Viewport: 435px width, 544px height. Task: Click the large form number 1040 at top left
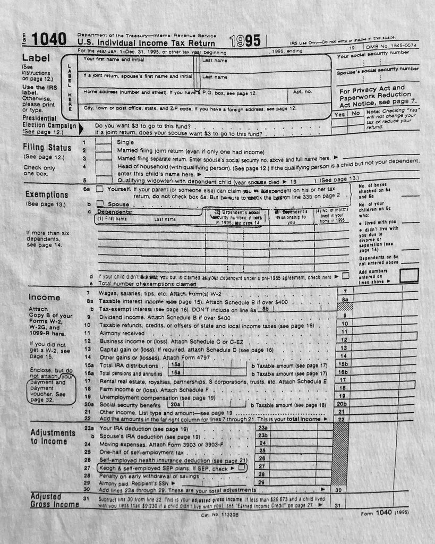(x=49, y=39)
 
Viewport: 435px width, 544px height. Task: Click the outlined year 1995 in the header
(x=245, y=40)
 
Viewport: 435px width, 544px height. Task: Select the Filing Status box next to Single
(x=103, y=142)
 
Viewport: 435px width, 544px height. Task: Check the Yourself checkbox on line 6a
(x=100, y=189)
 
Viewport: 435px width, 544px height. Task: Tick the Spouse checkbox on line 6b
(x=100, y=203)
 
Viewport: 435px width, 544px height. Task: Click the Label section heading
(x=36, y=58)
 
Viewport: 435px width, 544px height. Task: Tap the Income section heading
(x=44, y=297)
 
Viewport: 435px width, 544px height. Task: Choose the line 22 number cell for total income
(x=344, y=419)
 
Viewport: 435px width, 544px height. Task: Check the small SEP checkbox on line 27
(x=242, y=468)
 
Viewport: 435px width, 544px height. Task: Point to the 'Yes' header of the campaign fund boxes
(x=340, y=114)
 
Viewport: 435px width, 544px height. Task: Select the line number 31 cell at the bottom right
(x=337, y=505)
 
